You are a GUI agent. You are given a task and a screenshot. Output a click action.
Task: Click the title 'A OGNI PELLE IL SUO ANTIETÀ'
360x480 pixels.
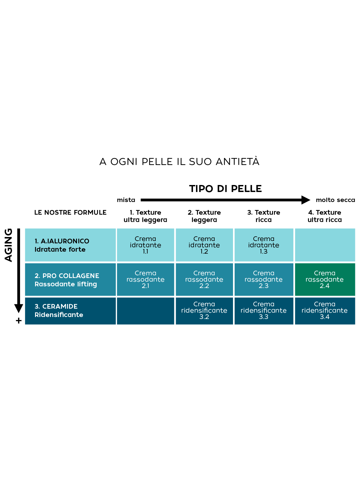pos(179,162)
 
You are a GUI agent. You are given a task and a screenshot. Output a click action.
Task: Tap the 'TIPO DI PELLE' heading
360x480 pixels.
pos(225,189)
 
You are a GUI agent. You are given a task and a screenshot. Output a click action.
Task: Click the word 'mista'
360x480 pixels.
pos(126,200)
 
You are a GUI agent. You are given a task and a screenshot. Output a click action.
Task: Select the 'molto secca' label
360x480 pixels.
pos(335,200)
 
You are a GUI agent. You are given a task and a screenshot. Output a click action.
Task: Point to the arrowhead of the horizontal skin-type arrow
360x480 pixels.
pos(306,200)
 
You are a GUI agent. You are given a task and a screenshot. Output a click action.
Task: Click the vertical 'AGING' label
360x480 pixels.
pos(8,245)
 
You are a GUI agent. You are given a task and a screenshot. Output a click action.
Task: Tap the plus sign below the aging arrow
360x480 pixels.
pos(19,321)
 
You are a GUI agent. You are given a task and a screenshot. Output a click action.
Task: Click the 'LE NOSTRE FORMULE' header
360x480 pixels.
pos(70,213)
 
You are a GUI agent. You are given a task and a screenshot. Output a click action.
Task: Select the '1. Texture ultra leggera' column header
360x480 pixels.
pos(145,216)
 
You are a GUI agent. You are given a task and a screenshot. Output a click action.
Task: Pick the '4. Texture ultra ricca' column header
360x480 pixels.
pos(325,216)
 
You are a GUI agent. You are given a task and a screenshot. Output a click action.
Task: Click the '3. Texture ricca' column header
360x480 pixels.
pos(264,216)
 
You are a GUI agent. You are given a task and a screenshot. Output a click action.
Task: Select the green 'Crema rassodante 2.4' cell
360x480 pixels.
pos(325,279)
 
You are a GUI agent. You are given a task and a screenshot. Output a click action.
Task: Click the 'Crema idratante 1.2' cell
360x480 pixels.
pos(204,245)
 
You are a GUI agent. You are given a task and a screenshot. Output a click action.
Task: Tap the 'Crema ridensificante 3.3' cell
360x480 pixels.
pos(264,310)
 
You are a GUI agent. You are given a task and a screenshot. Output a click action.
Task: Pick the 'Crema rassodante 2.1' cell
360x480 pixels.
pos(145,279)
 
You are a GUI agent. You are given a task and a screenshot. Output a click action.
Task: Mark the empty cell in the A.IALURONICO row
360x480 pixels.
pos(325,245)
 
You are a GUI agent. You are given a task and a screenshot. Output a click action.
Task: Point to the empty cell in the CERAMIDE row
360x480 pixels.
pos(145,310)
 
